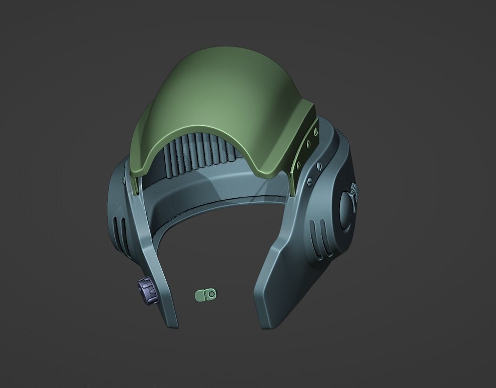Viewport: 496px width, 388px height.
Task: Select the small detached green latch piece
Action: pyautogui.click(x=205, y=295)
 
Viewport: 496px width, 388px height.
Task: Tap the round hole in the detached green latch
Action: pyautogui.click(x=211, y=294)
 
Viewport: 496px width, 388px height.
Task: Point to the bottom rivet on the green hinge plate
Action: pyautogui.click(x=298, y=164)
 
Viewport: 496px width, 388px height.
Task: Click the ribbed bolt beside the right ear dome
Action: pyautogui.click(x=355, y=192)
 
